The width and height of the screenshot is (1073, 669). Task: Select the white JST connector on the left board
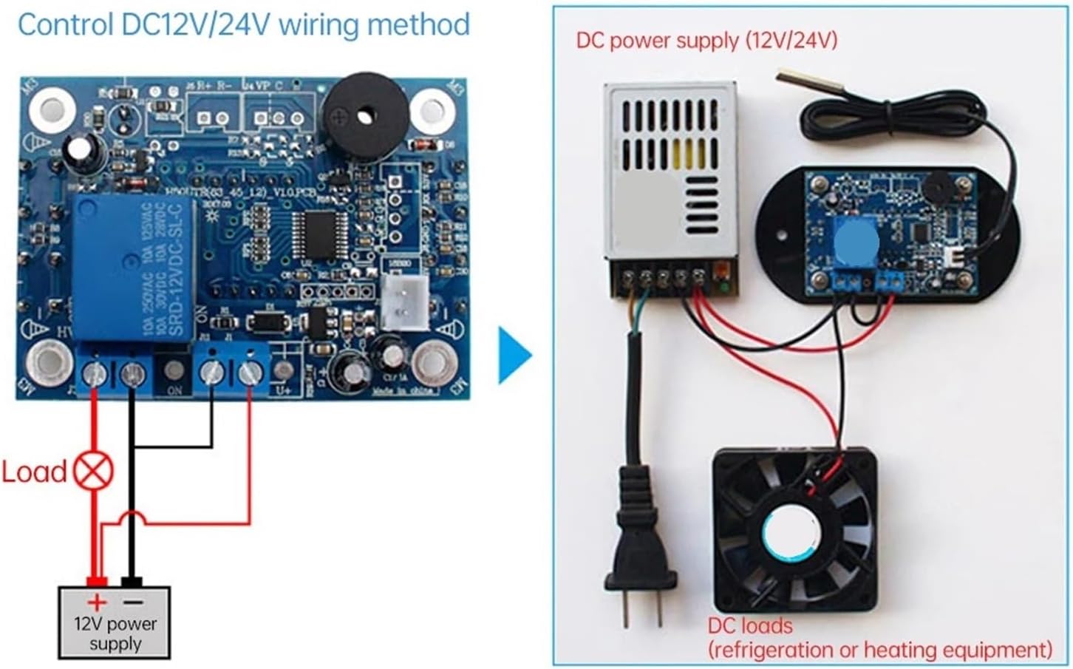(x=403, y=304)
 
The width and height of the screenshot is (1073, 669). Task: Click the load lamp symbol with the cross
(x=94, y=471)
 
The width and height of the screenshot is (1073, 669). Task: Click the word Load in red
(x=34, y=472)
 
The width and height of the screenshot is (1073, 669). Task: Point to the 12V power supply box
(x=115, y=623)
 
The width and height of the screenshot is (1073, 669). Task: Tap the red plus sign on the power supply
(x=96, y=602)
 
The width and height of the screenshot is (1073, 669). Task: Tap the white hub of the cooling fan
(x=791, y=533)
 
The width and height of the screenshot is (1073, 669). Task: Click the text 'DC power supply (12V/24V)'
(x=706, y=40)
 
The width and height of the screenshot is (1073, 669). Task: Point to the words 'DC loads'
(x=749, y=625)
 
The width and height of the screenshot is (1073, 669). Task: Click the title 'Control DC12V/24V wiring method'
(x=243, y=24)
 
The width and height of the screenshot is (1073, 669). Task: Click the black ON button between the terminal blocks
(x=174, y=373)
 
